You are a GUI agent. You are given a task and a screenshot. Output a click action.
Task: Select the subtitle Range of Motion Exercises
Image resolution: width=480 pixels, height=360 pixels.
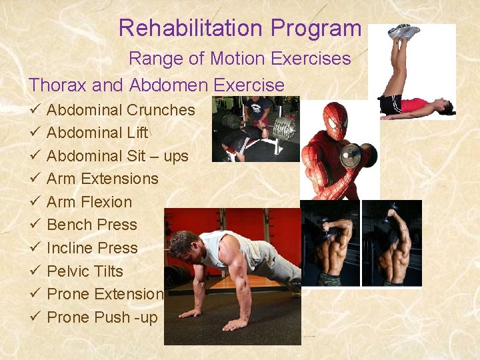click(239, 59)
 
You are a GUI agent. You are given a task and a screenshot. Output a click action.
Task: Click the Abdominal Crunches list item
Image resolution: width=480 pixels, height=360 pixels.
click(121, 110)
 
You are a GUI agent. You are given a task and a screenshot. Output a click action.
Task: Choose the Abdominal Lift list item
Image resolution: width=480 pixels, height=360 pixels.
click(97, 133)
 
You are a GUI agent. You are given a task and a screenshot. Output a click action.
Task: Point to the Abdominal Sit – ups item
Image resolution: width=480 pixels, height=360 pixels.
click(117, 156)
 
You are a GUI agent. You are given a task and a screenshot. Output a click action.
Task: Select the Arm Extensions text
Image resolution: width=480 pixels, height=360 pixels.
click(102, 179)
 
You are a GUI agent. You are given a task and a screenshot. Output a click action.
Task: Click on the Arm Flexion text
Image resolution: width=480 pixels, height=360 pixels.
click(89, 202)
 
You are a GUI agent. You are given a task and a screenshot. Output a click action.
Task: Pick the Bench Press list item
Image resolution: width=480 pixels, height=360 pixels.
click(92, 225)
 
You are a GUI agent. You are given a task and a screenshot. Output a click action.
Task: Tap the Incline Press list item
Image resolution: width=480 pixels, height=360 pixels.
click(92, 248)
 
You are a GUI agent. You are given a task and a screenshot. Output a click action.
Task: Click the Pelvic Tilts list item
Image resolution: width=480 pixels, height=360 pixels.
click(85, 271)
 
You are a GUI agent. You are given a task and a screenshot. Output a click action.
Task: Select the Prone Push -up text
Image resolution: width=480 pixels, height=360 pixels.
click(102, 317)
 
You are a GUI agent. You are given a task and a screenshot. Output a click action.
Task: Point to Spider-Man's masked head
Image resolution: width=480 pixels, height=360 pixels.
click(335, 119)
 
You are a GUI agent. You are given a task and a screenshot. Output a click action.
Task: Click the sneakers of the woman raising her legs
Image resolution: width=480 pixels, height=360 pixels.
click(405, 31)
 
